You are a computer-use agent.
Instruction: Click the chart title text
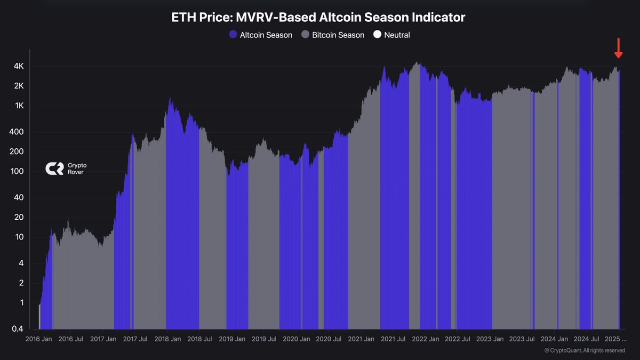click(x=318, y=18)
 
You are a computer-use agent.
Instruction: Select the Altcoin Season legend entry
click(x=260, y=35)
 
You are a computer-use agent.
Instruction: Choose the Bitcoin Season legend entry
click(x=333, y=35)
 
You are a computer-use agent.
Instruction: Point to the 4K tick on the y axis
click(x=19, y=66)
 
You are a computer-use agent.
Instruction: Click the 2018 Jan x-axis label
click(x=166, y=339)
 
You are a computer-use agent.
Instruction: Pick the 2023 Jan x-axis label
click(x=490, y=339)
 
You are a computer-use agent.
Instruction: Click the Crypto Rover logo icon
click(x=54, y=169)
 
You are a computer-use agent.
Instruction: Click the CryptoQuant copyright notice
click(x=585, y=350)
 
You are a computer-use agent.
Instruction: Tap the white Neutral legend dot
click(x=377, y=35)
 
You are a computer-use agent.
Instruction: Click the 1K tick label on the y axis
click(x=19, y=106)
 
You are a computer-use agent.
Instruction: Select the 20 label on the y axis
click(x=19, y=217)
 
